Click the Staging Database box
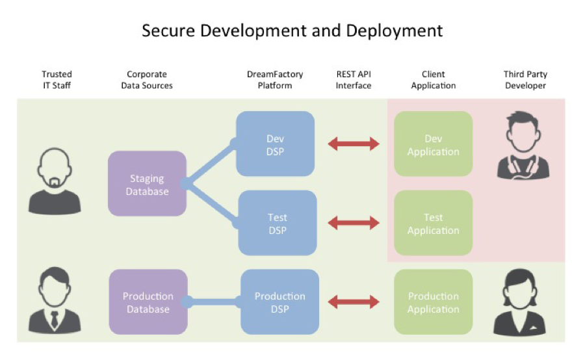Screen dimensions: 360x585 click(x=147, y=184)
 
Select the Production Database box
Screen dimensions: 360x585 click(x=148, y=302)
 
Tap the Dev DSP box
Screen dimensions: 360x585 click(x=275, y=144)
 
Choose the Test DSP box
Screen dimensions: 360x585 click(x=277, y=223)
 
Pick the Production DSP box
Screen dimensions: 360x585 click(x=279, y=302)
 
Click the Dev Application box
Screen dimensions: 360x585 click(x=433, y=144)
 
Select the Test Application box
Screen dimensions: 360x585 click(x=433, y=223)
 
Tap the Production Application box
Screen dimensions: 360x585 click(x=433, y=302)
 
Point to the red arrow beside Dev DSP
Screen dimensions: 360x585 click(x=354, y=144)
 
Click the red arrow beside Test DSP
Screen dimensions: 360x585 click(x=354, y=223)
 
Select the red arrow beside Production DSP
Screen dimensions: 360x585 click(x=354, y=302)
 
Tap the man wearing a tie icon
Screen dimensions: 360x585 click(x=55, y=302)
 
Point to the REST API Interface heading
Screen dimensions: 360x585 click(x=354, y=80)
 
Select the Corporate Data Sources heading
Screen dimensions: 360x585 click(x=147, y=80)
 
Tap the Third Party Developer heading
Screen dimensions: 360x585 click(x=525, y=80)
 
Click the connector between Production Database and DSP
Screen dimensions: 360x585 click(x=214, y=302)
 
